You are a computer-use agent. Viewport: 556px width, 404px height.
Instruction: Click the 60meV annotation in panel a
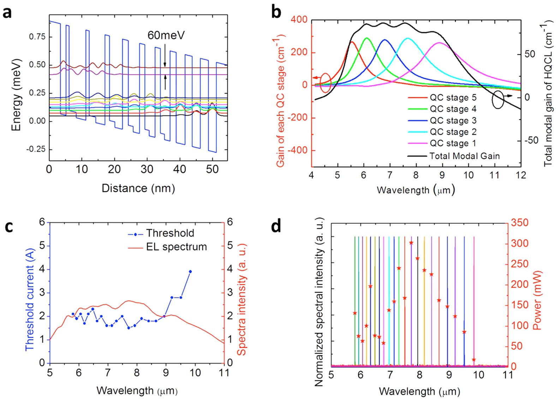click(x=166, y=35)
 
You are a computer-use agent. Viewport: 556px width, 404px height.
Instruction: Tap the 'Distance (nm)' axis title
click(x=138, y=188)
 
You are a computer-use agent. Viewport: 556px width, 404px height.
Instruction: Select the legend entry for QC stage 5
click(x=453, y=98)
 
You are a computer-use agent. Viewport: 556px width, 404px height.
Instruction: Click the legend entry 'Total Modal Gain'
click(x=464, y=156)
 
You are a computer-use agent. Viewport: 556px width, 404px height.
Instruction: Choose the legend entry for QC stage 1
click(x=453, y=144)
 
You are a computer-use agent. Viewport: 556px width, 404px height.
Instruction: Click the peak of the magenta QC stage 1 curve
click(x=440, y=43)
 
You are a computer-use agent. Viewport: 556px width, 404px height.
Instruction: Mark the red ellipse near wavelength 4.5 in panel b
click(x=326, y=83)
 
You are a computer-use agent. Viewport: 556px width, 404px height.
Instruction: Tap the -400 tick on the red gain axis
click(x=297, y=150)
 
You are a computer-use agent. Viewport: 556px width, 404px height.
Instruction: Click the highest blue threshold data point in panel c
click(x=190, y=271)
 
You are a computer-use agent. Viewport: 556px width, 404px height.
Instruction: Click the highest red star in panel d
click(x=411, y=243)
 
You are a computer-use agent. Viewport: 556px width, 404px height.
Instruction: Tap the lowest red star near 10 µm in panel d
click(x=474, y=360)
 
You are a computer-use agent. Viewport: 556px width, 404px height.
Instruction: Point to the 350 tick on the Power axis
click(x=520, y=223)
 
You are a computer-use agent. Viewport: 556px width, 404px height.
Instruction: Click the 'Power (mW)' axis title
click(x=537, y=300)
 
